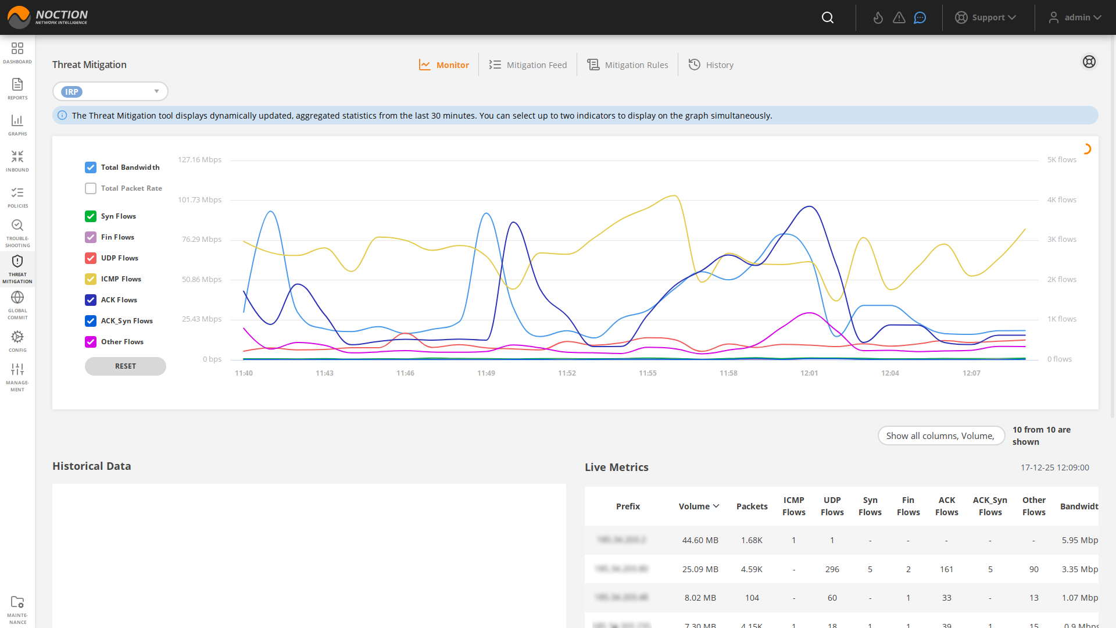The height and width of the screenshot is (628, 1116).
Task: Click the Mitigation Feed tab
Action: [x=528, y=65]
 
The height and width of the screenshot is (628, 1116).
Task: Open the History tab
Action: [x=711, y=65]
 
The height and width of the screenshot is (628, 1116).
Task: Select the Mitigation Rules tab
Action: [x=628, y=65]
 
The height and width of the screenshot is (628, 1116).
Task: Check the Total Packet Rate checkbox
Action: [x=91, y=188]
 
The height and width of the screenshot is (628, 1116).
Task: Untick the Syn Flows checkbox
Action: [x=91, y=216]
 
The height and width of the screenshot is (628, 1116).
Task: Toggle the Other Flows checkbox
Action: [x=91, y=342]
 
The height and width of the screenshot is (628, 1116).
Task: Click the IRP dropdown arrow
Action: [x=156, y=91]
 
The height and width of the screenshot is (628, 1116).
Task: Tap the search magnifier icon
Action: [x=828, y=17]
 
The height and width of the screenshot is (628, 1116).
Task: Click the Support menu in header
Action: [x=986, y=17]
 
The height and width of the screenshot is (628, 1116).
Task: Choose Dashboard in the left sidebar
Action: [x=17, y=52]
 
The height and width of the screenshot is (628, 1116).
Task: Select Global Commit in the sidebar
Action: [x=17, y=305]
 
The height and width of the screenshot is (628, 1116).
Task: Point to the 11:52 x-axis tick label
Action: [x=567, y=373]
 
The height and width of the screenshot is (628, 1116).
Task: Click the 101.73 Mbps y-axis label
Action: [x=199, y=200]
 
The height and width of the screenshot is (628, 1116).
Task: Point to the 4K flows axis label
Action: [x=1061, y=200]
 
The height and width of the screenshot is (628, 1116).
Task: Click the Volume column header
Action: [x=699, y=506]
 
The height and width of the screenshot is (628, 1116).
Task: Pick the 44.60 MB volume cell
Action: [x=700, y=540]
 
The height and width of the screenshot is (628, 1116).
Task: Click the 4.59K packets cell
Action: [x=752, y=569]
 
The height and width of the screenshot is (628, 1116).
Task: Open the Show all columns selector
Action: [x=940, y=436]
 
